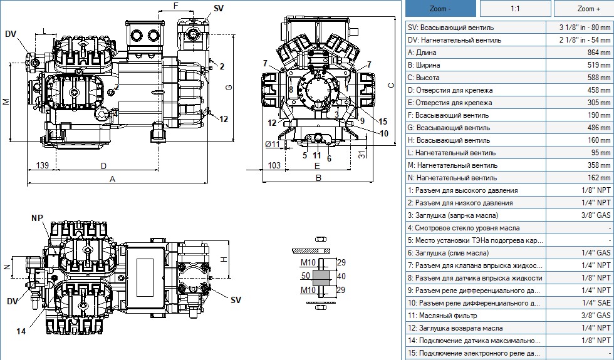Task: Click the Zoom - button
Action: [x=440, y=9]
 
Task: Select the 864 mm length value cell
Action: [x=580, y=53]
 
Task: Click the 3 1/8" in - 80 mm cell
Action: [x=580, y=28]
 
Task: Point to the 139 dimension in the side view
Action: [x=43, y=165]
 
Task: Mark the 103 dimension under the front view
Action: [x=274, y=165]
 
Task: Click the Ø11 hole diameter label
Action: [x=273, y=144]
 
